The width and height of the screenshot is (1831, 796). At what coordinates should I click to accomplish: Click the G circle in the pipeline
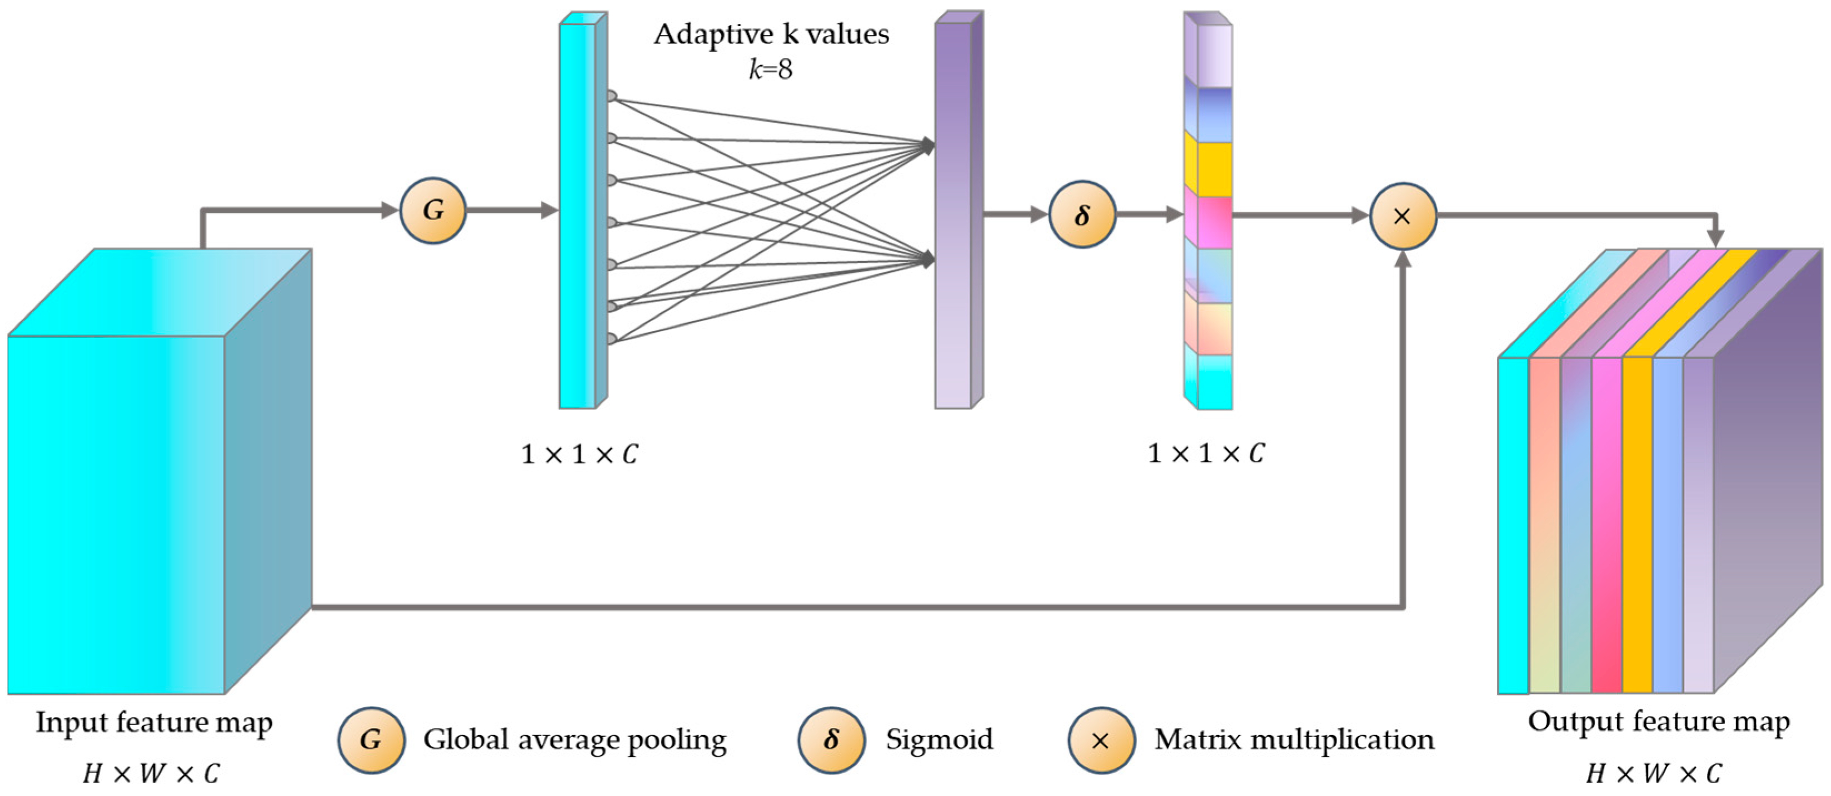(433, 211)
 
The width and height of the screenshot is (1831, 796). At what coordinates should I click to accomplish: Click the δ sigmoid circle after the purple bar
(1082, 214)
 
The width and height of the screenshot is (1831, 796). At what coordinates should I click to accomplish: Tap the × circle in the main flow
(1403, 216)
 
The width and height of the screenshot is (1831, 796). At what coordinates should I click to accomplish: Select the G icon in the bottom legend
(371, 740)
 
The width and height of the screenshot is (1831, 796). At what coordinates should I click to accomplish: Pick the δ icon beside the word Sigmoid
(831, 740)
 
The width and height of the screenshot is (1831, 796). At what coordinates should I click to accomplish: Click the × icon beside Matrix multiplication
(1101, 740)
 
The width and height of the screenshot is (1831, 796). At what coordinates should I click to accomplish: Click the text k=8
(771, 69)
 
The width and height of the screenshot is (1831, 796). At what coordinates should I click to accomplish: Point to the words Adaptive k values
(771, 33)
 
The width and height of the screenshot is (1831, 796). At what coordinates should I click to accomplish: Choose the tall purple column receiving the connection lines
(952, 213)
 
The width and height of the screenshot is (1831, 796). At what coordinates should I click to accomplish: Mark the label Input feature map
(154, 722)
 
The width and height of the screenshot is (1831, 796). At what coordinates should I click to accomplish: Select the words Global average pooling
(575, 740)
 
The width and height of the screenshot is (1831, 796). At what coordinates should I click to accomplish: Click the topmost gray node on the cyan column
(611, 95)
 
